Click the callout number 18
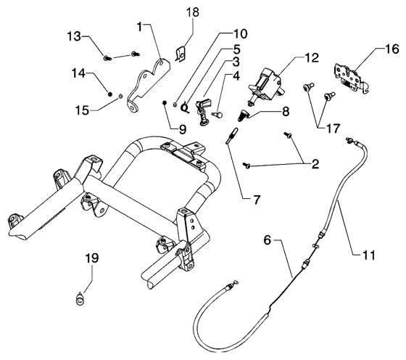[x=193, y=12]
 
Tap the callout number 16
[x=392, y=49]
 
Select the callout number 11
[x=369, y=255]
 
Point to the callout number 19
[x=92, y=258]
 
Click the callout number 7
[x=257, y=200]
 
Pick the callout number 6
[x=267, y=240]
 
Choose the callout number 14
[x=79, y=73]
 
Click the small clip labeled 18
[x=181, y=54]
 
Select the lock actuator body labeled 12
[x=266, y=86]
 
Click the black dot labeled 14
[x=109, y=94]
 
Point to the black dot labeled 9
[x=165, y=103]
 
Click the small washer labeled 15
[x=120, y=97]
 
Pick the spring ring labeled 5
[x=186, y=107]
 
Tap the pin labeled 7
[x=233, y=135]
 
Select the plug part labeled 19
[x=80, y=299]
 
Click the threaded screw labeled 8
[x=243, y=115]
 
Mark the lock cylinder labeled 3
[x=204, y=111]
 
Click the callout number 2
[x=315, y=164]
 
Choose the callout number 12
[x=312, y=58]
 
